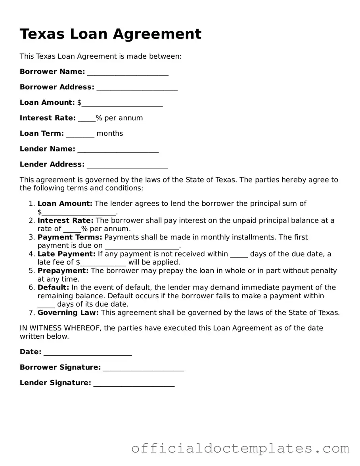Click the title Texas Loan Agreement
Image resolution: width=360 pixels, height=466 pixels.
click(111, 34)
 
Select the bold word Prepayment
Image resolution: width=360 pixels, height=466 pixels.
click(63, 270)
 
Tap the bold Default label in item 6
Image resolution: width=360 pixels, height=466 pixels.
click(53, 287)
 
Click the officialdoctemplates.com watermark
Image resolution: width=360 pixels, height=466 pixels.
click(240, 448)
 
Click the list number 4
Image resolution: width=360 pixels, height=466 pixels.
click(32, 254)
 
